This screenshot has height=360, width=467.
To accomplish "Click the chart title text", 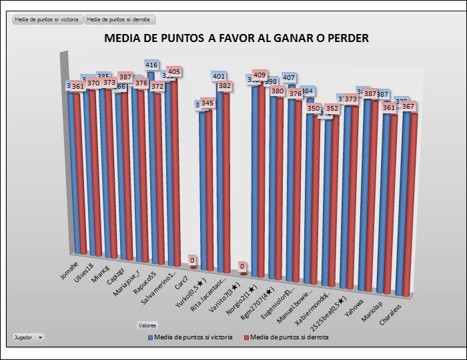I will coord(236,38).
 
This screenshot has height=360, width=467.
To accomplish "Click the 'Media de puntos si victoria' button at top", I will coord(47,20).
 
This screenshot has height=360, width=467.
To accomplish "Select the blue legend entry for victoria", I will coord(189,337).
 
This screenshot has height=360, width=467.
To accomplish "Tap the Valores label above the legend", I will coord(147,325).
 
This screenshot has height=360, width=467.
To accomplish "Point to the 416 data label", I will coord(152,65).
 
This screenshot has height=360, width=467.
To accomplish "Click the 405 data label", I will coord(174,71).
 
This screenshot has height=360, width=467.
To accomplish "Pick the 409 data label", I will coord(260,75).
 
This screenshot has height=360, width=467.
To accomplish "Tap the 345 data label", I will coord(207,103).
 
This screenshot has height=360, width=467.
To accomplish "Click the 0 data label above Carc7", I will coord(192,260).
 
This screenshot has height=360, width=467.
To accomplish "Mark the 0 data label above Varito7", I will coord(244,267).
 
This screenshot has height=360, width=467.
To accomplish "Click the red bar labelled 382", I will coord(225,180).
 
